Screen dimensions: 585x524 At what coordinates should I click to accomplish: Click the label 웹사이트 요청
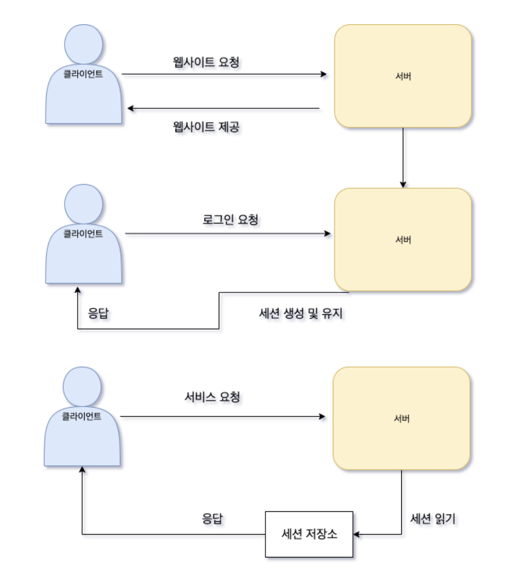(206, 62)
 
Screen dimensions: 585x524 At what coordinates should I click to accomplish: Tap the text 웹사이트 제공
(206, 127)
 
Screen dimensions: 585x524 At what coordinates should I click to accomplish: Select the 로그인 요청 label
(230, 220)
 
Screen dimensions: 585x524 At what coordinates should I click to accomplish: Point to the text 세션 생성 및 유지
(301, 313)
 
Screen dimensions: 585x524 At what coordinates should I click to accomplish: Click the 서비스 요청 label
(212, 397)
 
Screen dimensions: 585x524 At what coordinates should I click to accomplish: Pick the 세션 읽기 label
(433, 519)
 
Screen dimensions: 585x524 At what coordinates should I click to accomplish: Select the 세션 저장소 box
(309, 534)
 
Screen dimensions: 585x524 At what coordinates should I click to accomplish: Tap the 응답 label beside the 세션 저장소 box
(212, 519)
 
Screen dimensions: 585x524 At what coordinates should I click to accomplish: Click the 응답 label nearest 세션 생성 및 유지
(98, 313)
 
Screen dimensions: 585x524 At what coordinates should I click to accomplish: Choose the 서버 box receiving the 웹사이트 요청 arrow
(403, 76)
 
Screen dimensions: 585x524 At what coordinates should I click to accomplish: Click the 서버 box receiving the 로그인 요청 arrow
(403, 240)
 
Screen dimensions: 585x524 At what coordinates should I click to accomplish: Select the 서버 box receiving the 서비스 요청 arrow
(401, 419)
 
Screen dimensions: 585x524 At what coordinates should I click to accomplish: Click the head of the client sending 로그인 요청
(84, 204)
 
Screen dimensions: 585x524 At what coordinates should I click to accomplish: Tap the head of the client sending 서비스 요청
(82, 386)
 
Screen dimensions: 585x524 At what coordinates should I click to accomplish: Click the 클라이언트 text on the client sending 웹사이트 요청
(83, 74)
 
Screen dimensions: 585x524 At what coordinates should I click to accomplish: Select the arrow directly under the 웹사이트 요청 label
(223, 74)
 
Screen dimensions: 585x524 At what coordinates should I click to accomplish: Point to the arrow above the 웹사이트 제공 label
(223, 108)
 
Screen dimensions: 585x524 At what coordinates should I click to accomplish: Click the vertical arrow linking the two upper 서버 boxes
(403, 157)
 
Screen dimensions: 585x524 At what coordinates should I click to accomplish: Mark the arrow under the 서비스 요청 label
(223, 417)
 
